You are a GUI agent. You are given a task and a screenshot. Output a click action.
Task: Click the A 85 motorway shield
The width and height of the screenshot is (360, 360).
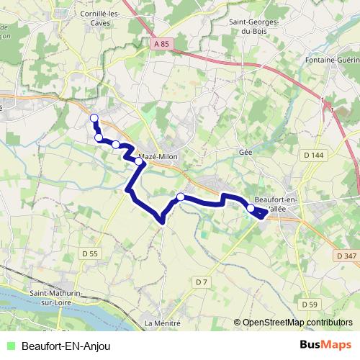(162, 45)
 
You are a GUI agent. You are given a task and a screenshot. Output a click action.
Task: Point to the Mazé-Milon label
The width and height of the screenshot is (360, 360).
(158, 156)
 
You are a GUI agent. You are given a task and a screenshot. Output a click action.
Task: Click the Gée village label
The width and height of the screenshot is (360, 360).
(245, 153)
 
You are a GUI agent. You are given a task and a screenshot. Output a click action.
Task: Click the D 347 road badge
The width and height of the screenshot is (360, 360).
(346, 256)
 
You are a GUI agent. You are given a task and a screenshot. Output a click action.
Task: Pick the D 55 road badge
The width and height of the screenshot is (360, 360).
(89, 253)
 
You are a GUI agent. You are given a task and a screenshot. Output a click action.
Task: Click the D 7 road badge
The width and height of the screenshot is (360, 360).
(201, 281)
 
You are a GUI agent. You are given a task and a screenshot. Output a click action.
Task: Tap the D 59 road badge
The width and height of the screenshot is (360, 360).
(310, 305)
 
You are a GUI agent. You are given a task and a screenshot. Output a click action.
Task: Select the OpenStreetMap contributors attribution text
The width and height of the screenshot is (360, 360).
(297, 323)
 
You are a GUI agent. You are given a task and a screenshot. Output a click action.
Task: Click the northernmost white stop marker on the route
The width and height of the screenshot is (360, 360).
(93, 118)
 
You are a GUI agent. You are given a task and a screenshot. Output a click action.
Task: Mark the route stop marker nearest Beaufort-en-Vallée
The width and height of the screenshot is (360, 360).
(251, 209)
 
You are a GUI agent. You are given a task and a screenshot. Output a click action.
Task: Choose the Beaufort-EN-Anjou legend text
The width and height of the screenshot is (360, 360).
(66, 346)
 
